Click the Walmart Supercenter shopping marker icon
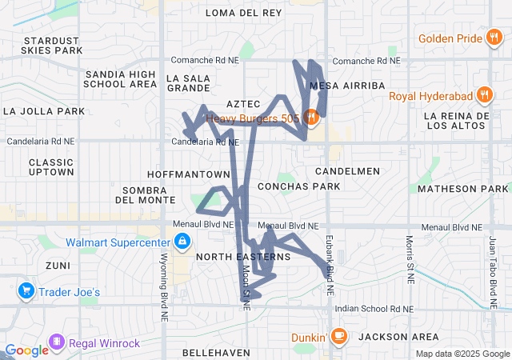pos(182,241)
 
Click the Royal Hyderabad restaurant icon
pos(485,96)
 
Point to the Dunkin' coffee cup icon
pos(339,335)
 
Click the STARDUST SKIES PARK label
pos(54,45)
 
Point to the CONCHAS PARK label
pos(299,186)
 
